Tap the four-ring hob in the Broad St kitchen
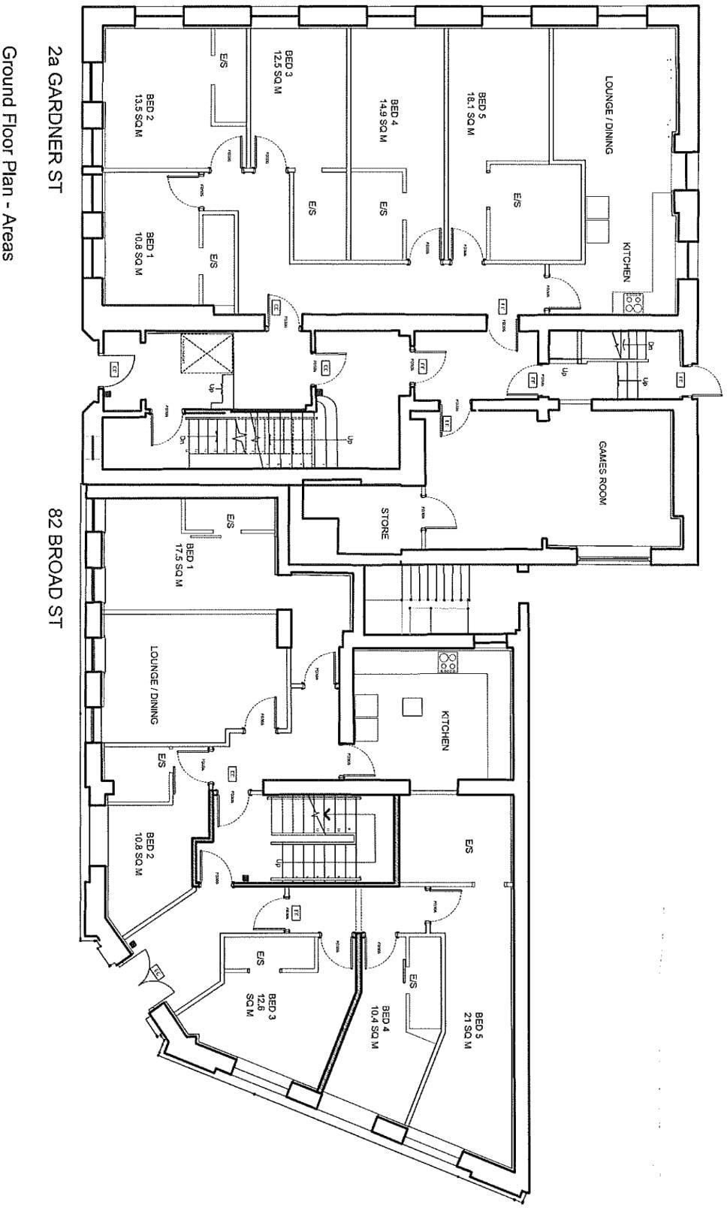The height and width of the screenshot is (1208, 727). pos(449,663)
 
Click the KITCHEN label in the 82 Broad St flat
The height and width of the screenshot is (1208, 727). pos(445,732)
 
